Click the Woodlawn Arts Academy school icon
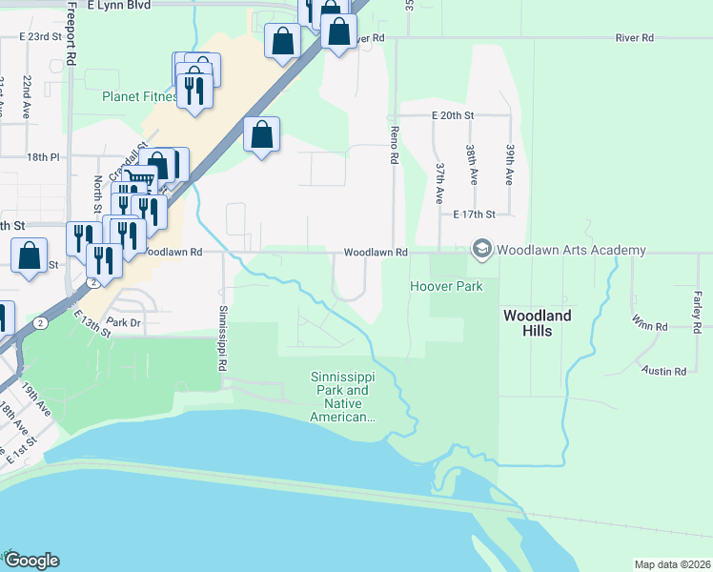click(482, 250)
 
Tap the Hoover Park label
click(446, 286)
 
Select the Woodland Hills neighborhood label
click(538, 323)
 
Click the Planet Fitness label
click(140, 97)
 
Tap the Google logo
click(31, 561)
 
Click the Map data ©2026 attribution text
click(671, 564)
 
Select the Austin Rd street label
click(664, 371)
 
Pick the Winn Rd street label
click(648, 326)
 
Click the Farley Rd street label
click(697, 312)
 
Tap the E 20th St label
click(452, 114)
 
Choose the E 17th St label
click(476, 215)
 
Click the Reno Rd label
click(392, 144)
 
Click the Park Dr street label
click(124, 322)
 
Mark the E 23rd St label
click(47, 36)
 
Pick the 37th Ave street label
click(440, 182)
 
